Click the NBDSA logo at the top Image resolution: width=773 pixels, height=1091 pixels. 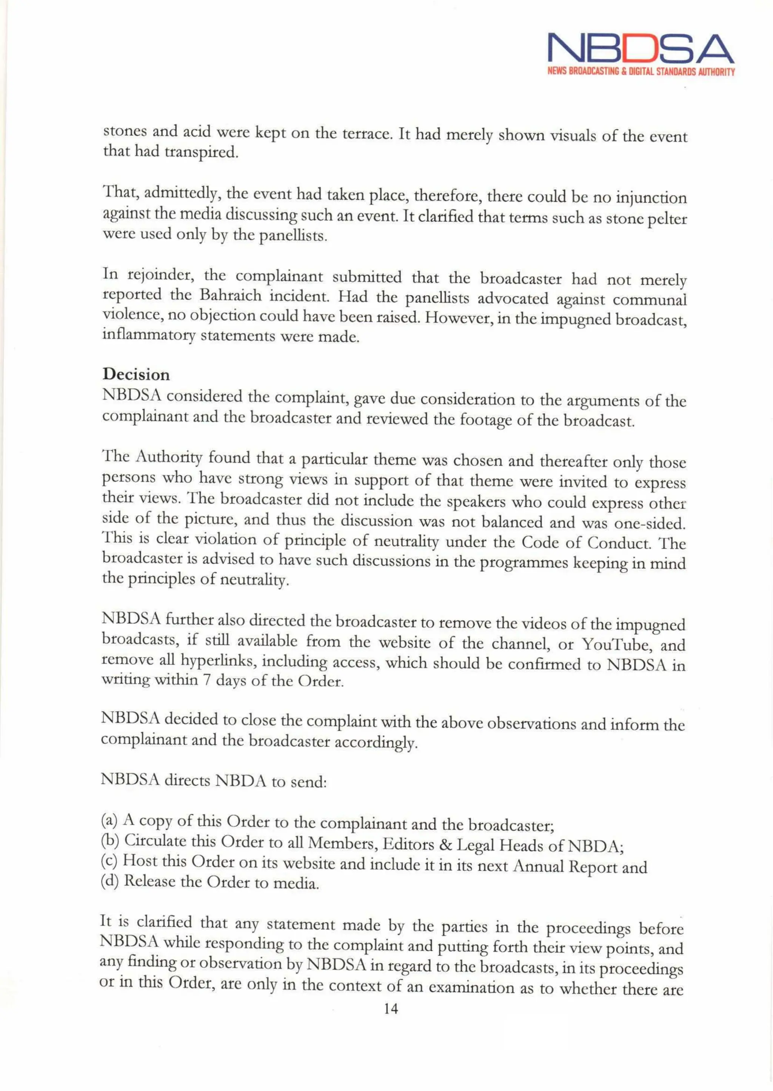pos(641,49)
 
